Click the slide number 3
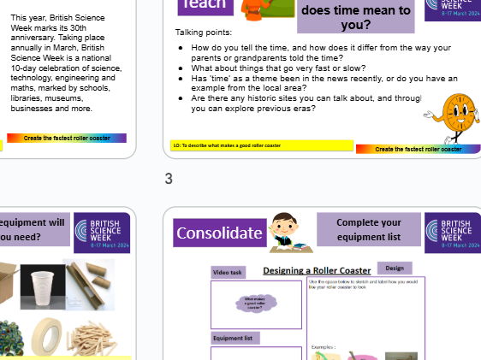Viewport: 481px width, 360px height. point(169,179)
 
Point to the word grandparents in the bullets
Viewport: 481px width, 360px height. point(248,58)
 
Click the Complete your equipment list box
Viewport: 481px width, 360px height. point(368,229)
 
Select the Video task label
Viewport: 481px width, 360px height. point(229,273)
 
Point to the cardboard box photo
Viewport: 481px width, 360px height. point(6,282)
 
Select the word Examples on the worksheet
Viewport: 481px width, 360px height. point(323,346)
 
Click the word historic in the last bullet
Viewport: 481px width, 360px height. point(254,98)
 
